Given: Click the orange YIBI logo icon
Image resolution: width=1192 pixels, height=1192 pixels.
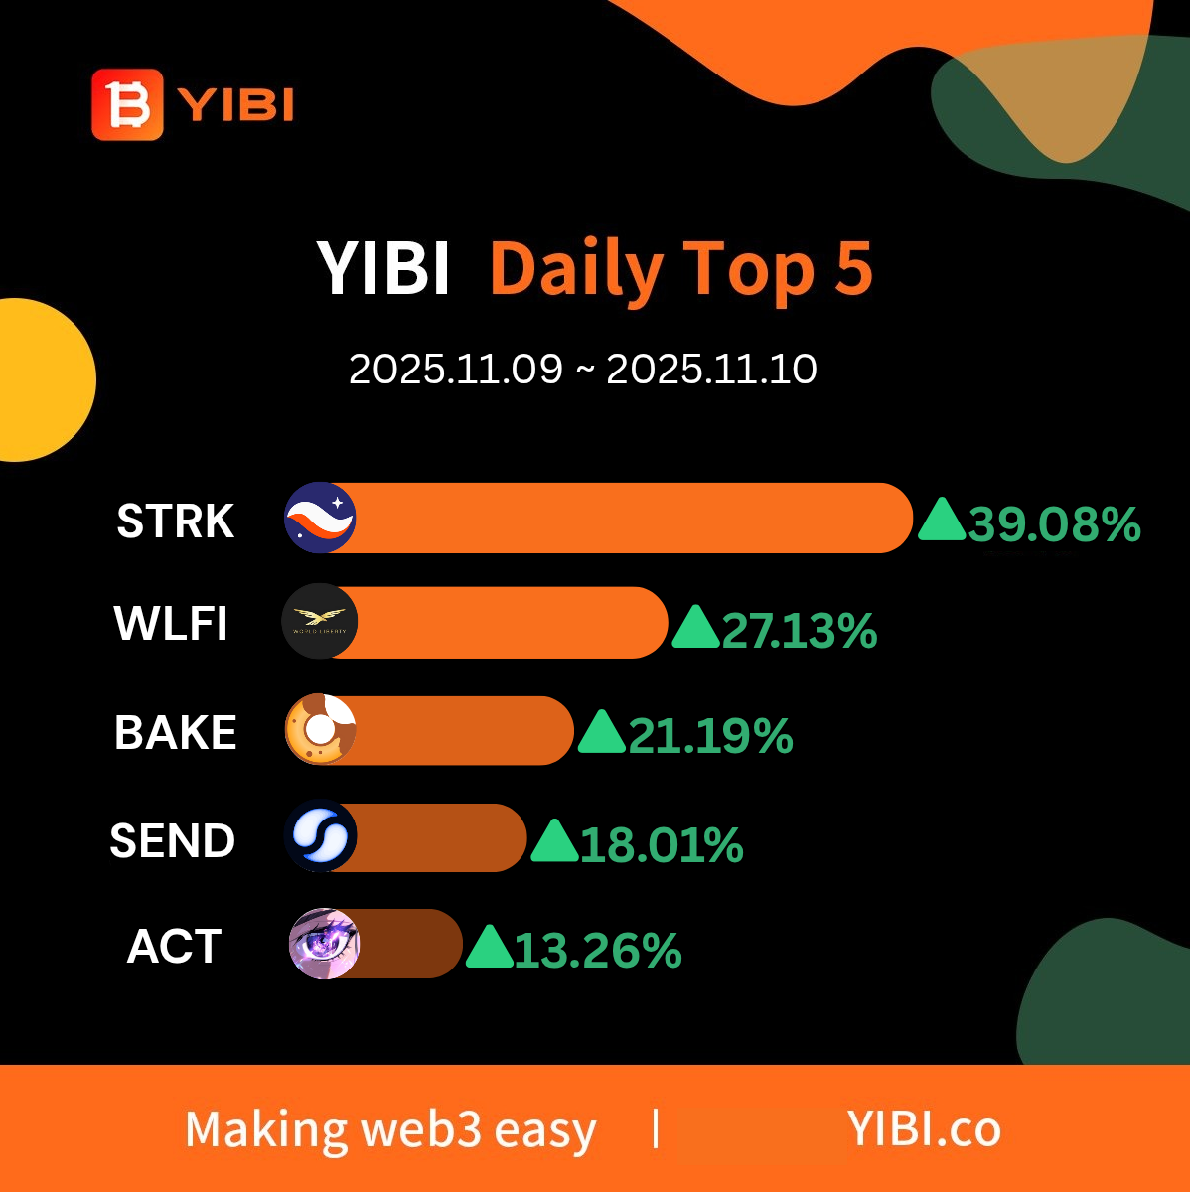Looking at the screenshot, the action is coord(127,104).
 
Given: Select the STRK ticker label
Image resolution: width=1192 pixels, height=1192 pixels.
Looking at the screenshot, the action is coord(176,521).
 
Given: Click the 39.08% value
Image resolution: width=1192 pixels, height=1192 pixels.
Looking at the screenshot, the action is coord(1054,524).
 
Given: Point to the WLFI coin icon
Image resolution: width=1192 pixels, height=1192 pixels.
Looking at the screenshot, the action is coord(320,621).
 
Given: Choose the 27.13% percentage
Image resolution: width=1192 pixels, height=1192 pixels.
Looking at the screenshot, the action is coord(800,631).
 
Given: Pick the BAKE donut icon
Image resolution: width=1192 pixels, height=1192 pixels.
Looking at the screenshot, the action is coord(321,729).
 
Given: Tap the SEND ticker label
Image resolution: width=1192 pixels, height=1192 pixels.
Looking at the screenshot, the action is coord(173,840).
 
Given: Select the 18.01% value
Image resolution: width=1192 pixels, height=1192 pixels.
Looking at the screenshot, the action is coord(662,844).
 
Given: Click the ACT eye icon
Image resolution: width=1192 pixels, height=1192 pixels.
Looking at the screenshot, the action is coord(324,944).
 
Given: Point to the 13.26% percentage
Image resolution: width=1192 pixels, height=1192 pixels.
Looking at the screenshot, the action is coord(598,951).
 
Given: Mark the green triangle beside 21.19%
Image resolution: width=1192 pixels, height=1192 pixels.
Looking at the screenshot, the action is coord(601,731).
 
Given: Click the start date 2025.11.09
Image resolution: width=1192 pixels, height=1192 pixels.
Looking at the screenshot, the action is coord(456,370).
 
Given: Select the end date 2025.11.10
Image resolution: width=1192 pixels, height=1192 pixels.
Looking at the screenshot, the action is coord(712,370).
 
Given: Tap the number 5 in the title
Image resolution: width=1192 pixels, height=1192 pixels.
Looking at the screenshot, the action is coord(853,267).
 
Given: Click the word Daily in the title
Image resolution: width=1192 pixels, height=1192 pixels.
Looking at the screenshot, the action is coord(576,270).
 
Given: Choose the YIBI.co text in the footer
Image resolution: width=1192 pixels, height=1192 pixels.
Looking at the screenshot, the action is coord(924,1128).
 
